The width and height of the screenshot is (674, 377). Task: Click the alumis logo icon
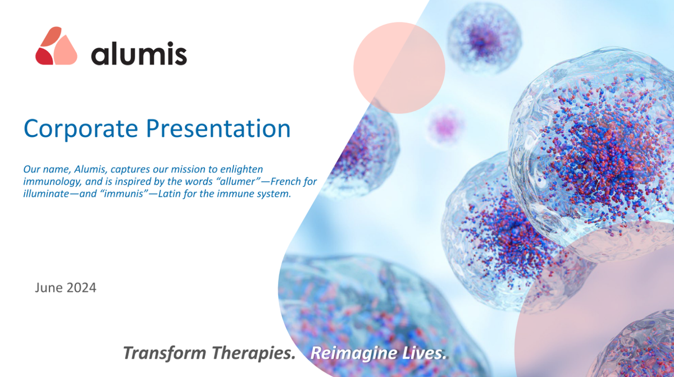click(56, 45)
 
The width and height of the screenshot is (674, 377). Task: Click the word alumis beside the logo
click(139, 53)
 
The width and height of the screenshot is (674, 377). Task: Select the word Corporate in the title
click(81, 128)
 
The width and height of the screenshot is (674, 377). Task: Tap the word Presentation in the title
click(218, 128)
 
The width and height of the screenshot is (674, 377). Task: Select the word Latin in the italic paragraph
click(169, 194)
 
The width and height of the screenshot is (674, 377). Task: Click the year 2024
click(81, 288)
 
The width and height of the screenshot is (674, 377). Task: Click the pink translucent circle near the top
click(399, 68)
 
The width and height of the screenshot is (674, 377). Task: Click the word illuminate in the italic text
click(46, 194)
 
